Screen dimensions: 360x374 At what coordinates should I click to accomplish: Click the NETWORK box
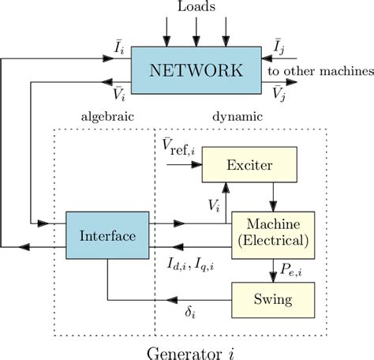tap(196, 69)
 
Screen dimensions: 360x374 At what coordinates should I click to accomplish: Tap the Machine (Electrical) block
tap(272, 233)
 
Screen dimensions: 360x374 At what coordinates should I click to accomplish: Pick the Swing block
tap(272, 299)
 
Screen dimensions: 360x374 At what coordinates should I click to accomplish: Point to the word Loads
tap(196, 9)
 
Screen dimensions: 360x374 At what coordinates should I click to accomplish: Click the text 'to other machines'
tap(320, 71)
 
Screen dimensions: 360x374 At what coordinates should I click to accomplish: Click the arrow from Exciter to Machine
tap(272, 195)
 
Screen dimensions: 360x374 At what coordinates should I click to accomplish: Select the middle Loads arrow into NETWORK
tap(196, 31)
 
